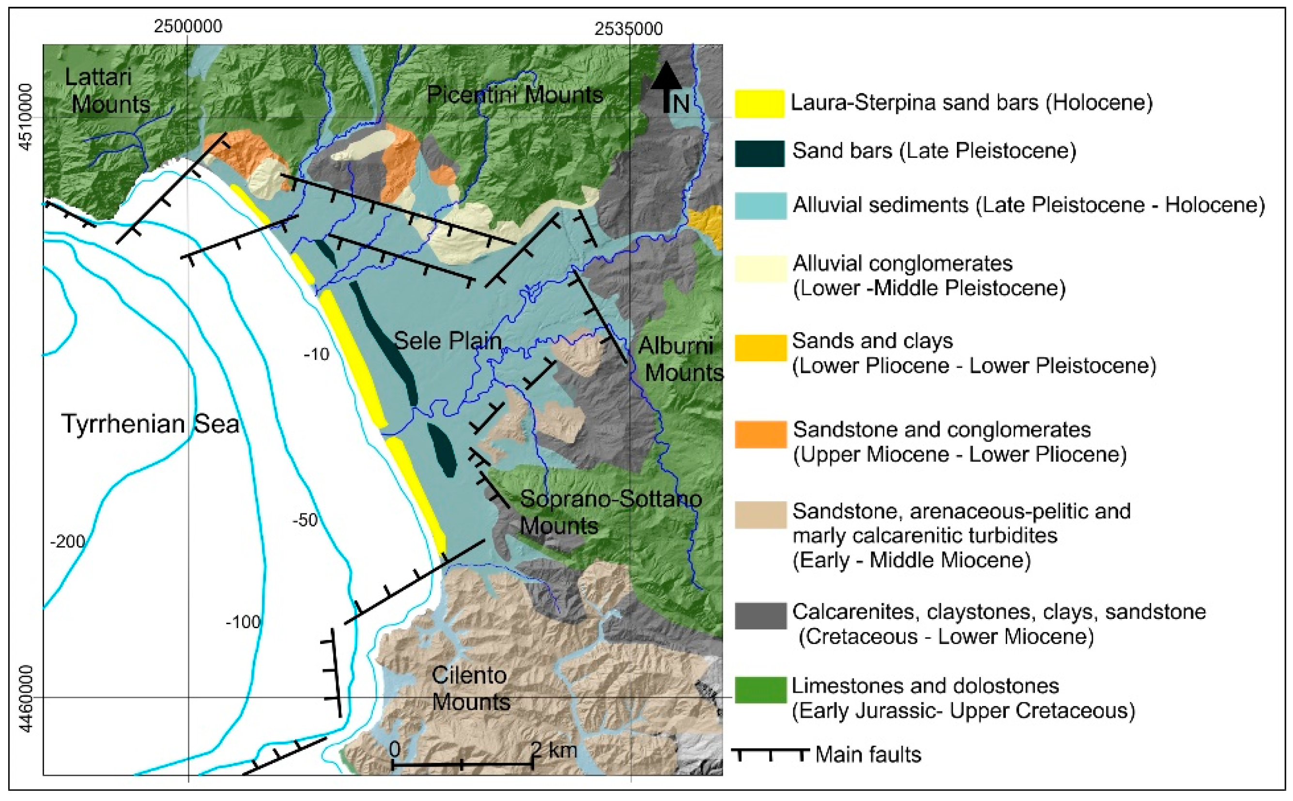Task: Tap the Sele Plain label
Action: tap(447, 340)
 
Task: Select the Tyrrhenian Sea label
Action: tap(151, 424)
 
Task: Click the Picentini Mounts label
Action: tap(515, 95)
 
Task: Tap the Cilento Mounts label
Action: tap(470, 688)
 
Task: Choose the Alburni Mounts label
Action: tap(680, 359)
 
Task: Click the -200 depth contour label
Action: tap(67, 541)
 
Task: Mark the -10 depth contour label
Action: tap(316, 354)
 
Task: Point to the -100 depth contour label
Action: tap(243, 621)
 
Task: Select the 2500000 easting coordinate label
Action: tap(188, 27)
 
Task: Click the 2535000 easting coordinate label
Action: tap(628, 28)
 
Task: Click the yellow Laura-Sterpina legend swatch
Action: tap(759, 103)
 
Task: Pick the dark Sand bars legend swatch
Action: tap(759, 153)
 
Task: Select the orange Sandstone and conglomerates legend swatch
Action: tap(760, 434)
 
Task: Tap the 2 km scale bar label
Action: tap(554, 750)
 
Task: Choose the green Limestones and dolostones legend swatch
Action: tap(760, 690)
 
